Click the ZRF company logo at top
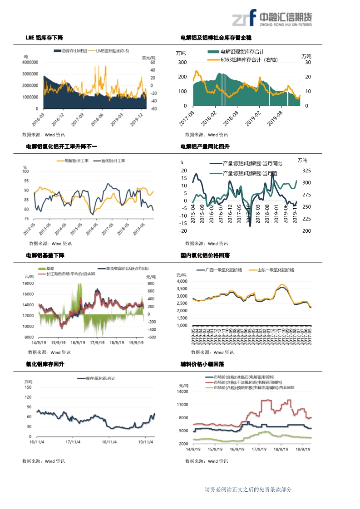[x=271, y=19]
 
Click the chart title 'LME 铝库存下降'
[x=44, y=38]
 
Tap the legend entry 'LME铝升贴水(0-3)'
[x=112, y=51]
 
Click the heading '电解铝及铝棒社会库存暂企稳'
[x=216, y=38]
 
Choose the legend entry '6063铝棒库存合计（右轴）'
[x=249, y=59]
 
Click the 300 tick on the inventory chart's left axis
[x=182, y=62]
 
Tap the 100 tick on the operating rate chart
[x=26, y=171]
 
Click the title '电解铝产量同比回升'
[x=205, y=147]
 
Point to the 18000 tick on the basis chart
[x=28, y=283]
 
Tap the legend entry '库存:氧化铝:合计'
[x=99, y=378]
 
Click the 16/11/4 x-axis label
[x=36, y=441]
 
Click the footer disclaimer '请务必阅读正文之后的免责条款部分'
[x=248, y=489]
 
